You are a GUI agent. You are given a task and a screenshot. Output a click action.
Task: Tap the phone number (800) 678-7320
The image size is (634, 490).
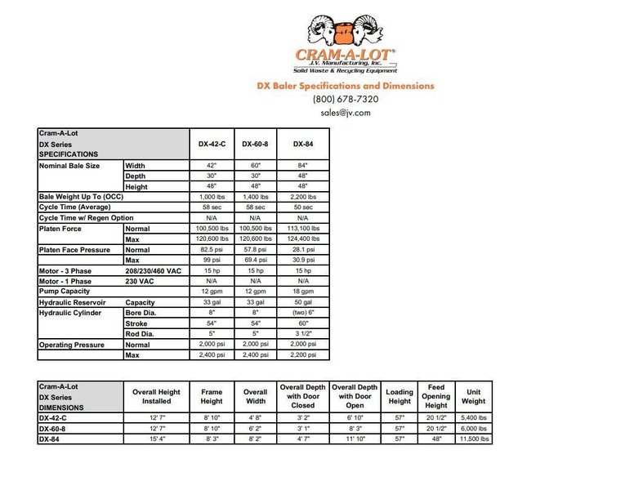click(x=346, y=99)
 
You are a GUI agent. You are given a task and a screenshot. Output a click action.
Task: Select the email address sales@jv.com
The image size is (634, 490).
click(x=346, y=113)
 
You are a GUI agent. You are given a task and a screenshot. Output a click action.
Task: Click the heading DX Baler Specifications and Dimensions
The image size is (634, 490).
click(x=346, y=85)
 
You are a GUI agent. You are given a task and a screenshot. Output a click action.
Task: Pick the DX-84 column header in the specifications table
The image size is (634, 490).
click(x=302, y=143)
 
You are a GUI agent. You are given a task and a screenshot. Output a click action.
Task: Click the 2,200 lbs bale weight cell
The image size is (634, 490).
click(x=302, y=197)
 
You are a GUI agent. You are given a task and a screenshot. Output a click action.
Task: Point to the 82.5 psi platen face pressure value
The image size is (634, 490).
click(x=212, y=249)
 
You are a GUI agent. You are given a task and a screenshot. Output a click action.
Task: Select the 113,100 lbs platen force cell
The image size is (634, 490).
click(x=302, y=229)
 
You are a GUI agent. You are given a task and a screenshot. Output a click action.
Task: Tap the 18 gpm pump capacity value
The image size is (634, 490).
click(x=302, y=292)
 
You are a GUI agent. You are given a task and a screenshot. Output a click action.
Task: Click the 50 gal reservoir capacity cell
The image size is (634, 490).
click(x=302, y=302)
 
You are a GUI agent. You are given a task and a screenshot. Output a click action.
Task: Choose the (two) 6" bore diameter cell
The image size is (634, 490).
click(x=302, y=313)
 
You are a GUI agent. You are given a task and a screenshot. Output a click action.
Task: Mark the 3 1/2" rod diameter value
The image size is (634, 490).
click(x=302, y=334)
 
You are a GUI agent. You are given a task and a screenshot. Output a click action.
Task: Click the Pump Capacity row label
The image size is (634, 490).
click(x=65, y=292)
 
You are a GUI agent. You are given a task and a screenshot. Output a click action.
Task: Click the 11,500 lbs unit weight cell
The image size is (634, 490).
click(x=473, y=439)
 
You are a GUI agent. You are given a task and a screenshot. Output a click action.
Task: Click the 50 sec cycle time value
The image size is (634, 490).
click(x=302, y=207)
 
